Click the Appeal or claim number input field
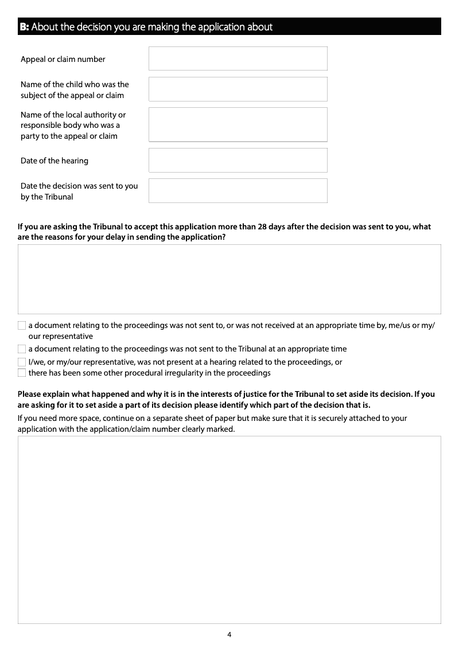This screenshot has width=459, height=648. [x=238, y=58]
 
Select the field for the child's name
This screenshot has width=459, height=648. [x=238, y=89]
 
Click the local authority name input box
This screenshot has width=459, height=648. [x=238, y=124]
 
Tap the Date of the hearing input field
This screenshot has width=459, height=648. [x=238, y=160]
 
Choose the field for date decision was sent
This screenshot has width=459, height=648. [x=238, y=190]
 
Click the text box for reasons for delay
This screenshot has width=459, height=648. [x=229, y=279]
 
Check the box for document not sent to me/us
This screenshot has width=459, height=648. [x=22, y=326]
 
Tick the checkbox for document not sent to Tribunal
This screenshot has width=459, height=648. [x=22, y=349]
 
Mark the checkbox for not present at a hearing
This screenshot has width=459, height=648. [x=22, y=362]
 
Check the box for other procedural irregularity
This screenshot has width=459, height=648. [x=22, y=373]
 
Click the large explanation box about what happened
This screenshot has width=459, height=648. [x=229, y=529]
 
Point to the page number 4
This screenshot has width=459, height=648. [x=229, y=634]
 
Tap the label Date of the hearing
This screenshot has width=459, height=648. [x=55, y=161]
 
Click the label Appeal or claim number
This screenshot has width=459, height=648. [x=63, y=59]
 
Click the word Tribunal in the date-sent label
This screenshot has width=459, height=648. [x=59, y=197]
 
